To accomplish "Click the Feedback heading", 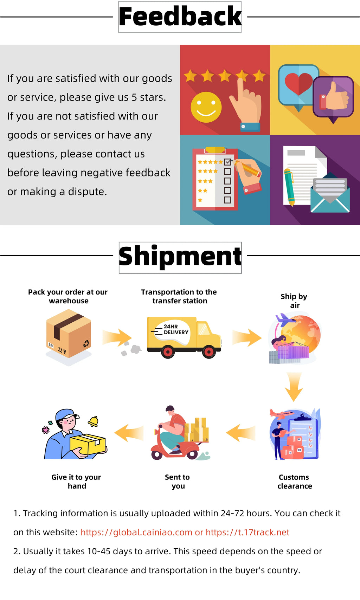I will click(180, 17).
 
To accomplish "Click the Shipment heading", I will click(180, 257).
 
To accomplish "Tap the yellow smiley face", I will click(206, 107).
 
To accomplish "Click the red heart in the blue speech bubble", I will click(298, 84).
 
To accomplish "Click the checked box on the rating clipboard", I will click(227, 162).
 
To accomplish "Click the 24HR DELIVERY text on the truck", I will click(175, 330).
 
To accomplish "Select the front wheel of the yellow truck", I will click(209, 351).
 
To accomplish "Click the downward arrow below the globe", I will click(294, 387).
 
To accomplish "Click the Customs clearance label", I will click(295, 482).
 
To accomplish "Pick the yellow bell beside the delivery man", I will click(93, 421).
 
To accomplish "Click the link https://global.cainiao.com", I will click(136, 532).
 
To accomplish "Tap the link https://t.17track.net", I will click(247, 532).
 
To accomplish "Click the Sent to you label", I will click(178, 482).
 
